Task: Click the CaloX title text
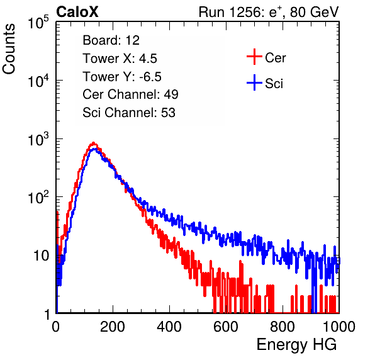(77, 12)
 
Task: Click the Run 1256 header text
(269, 12)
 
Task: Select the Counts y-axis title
(9, 49)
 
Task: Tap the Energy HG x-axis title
(296, 345)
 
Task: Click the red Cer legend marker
(254, 57)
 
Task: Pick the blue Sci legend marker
(254, 82)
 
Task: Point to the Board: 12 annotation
(111, 40)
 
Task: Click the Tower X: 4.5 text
(120, 59)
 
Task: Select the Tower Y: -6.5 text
(122, 77)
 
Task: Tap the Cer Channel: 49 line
(130, 94)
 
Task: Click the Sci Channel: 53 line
(129, 113)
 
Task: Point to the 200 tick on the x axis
(113, 327)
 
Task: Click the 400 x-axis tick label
(169, 327)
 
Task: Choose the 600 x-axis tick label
(226, 327)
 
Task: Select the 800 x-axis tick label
(283, 327)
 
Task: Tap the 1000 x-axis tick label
(339, 327)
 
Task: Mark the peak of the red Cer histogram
(94, 143)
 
